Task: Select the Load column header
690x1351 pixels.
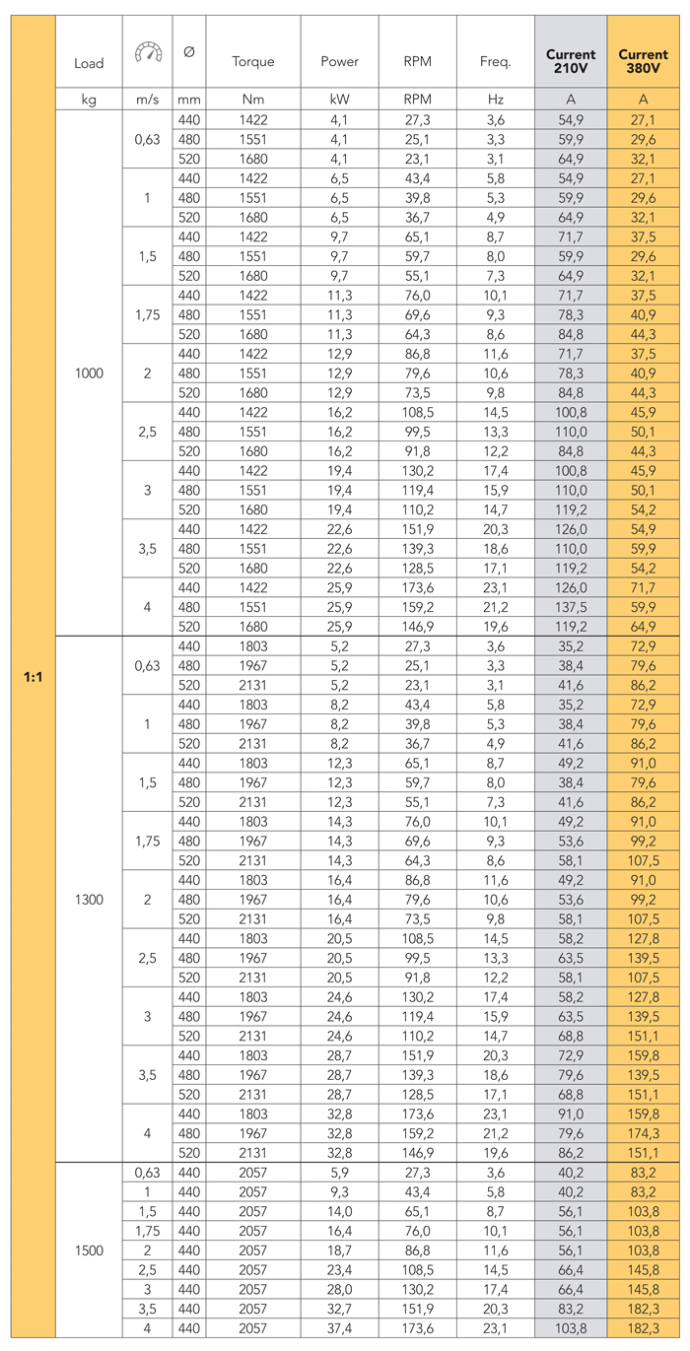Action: click(89, 63)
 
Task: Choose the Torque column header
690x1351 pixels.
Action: click(253, 61)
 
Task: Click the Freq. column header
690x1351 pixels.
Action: click(496, 61)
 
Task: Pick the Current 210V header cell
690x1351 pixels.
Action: click(571, 61)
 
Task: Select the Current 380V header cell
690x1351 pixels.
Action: click(643, 61)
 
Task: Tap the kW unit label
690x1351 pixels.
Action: click(339, 100)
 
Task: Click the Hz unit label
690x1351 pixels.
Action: click(496, 100)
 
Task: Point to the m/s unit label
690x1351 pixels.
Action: click(146, 100)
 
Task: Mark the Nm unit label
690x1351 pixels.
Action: click(253, 100)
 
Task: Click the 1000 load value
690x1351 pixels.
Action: click(89, 373)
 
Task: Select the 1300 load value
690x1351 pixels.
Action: click(89, 900)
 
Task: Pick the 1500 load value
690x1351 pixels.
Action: click(89, 1250)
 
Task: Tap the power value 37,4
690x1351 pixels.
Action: click(339, 1328)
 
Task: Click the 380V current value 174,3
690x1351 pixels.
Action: click(643, 1133)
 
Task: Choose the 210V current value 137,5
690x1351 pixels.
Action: click(571, 608)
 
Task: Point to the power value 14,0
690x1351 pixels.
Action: click(339, 1211)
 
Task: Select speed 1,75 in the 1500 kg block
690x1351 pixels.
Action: click(146, 1231)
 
